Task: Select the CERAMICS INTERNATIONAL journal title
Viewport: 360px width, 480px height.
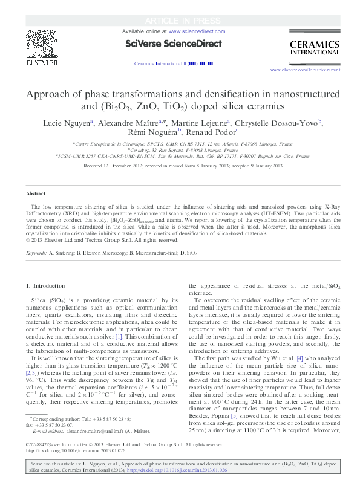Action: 312,48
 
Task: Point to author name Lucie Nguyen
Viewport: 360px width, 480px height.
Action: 65,123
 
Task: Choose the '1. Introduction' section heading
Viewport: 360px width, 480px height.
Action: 42,285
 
